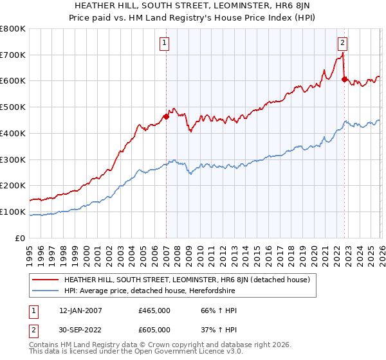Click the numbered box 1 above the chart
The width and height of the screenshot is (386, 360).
[x=165, y=43]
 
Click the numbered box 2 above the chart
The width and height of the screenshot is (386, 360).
[x=342, y=43]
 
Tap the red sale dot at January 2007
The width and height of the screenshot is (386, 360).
[x=166, y=116]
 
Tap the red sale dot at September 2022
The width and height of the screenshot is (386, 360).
[x=344, y=80]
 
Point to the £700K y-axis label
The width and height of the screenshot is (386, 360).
[x=13, y=55]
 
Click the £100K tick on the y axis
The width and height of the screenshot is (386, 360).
[x=13, y=212]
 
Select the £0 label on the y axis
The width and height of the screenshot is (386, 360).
[x=21, y=238]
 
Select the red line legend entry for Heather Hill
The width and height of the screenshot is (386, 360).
[x=187, y=280]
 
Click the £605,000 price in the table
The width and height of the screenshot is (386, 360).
[x=154, y=329]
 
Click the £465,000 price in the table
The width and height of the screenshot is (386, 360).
[x=154, y=311]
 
